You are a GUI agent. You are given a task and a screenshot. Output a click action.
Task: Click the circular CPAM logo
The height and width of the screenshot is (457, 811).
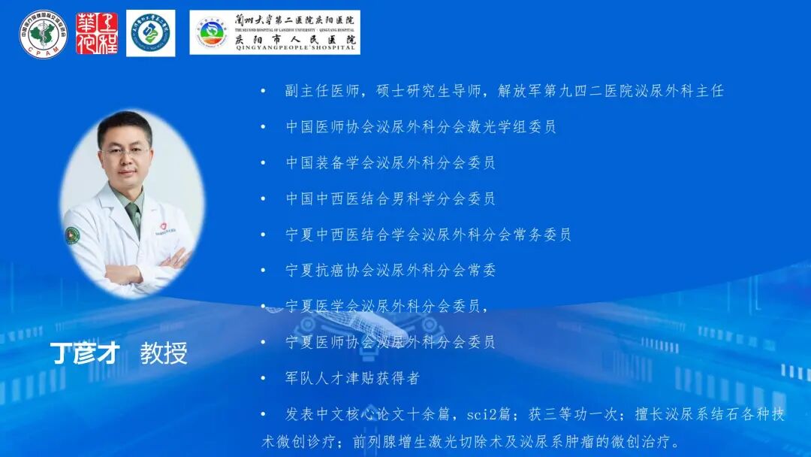pyautogui.click(x=43, y=33)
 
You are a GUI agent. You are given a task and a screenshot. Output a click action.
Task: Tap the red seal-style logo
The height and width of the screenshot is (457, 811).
pyautogui.click(x=97, y=33)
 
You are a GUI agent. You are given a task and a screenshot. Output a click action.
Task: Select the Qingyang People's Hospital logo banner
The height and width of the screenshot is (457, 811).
pyautogui.click(x=275, y=32)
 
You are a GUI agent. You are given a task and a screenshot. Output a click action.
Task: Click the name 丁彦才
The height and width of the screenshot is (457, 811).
pyautogui.click(x=84, y=353)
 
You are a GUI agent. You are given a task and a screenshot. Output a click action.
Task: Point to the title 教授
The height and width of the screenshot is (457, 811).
pyautogui.click(x=164, y=353)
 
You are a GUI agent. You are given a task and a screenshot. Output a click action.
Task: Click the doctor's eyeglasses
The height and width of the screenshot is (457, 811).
pyautogui.click(x=125, y=151)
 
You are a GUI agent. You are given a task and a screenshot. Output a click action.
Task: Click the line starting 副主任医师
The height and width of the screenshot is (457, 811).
pyautogui.click(x=504, y=91)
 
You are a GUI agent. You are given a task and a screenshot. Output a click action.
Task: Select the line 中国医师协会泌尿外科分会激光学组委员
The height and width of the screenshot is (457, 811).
pyautogui.click(x=421, y=127)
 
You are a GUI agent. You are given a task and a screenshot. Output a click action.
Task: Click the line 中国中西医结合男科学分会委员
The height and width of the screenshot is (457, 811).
pyautogui.click(x=390, y=199)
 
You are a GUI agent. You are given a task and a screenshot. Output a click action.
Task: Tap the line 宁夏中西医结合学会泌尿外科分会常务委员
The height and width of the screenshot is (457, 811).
pyautogui.click(x=428, y=235)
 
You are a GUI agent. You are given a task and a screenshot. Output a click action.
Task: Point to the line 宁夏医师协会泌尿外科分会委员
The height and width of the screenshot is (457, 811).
pyautogui.click(x=390, y=342)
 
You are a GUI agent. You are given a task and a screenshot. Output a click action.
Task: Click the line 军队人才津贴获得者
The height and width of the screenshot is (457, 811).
pyautogui.click(x=352, y=378)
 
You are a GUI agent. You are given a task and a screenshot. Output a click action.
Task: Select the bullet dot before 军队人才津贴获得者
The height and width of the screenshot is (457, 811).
pyautogui.click(x=264, y=378)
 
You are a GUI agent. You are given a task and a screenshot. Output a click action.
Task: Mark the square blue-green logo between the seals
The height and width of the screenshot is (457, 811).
pyautogui.click(x=151, y=33)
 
